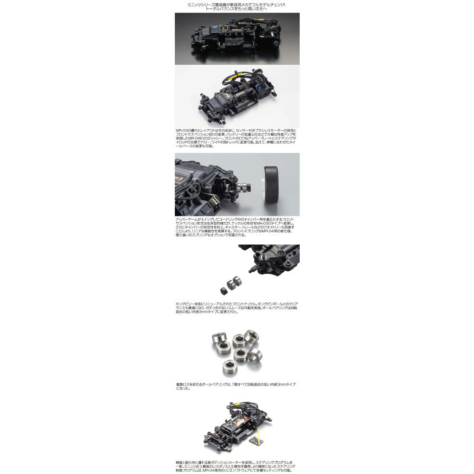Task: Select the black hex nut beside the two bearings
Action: (223, 290)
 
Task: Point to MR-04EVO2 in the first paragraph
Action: (201, 138)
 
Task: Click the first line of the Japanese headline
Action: (236, 4)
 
